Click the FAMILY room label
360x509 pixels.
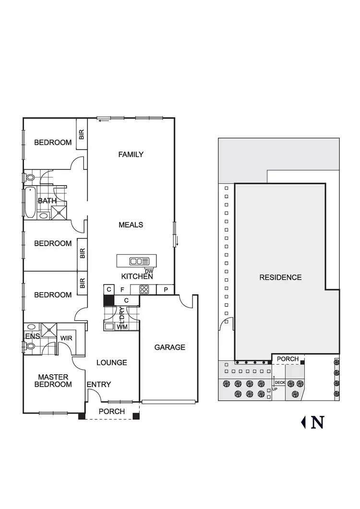pos(131,154)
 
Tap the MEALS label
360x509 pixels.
pos(131,225)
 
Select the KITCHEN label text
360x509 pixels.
pos(137,276)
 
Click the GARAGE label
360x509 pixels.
pos(169,347)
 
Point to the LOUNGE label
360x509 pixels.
pos(111,363)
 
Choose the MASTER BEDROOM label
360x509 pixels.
pos(55,381)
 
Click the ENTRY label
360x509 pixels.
pos(99,384)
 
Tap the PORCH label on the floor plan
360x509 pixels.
pos(111,412)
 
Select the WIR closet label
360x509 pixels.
pos(66,338)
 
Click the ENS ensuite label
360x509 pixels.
pos(32,336)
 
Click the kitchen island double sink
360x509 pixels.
pos(140,261)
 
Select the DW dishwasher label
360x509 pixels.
pos(148,271)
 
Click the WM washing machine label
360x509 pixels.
pos(122,327)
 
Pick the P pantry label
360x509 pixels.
pos(166,289)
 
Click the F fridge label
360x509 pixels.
pos(122,289)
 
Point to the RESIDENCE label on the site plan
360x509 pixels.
pos(280,277)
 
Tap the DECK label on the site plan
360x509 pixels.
pos(279,383)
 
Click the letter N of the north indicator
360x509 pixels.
pos(317,422)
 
